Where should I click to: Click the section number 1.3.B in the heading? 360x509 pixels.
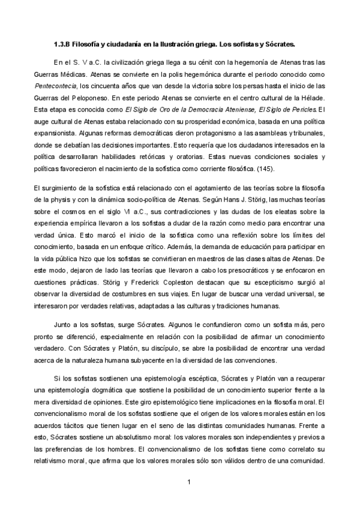[62, 44]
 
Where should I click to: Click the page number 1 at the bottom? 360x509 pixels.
[188, 482]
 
